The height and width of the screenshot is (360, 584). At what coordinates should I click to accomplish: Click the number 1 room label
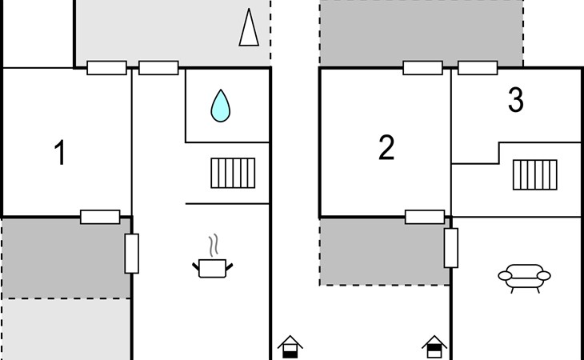coord(60,152)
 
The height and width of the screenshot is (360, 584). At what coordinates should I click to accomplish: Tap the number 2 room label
coord(386,148)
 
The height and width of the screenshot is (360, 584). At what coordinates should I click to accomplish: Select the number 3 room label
coord(516,100)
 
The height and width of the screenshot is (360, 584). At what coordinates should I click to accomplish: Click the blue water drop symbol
coord(221,106)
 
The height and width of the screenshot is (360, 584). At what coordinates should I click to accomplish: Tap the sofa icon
coord(525,278)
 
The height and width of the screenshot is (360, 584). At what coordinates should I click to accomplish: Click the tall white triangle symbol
coord(249,27)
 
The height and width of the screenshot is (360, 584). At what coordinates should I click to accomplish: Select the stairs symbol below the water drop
coord(233,173)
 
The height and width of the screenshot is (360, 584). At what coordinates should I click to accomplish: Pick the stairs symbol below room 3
coord(535,175)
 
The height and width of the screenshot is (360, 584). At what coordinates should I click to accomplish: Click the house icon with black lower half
coord(290,346)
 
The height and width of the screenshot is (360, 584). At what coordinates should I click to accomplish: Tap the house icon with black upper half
coord(434,346)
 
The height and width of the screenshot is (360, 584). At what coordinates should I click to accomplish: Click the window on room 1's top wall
coord(107,68)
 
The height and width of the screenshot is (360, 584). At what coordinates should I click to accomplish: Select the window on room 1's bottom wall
coord(100,217)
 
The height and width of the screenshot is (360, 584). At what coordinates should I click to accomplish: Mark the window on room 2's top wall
coord(422,68)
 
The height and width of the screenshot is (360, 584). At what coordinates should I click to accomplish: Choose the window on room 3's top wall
coord(478,68)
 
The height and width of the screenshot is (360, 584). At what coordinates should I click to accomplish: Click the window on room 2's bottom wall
coord(425,217)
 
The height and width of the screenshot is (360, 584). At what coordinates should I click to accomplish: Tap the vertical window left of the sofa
coord(451,248)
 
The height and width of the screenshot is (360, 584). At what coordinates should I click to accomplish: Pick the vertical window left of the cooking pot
coord(132,254)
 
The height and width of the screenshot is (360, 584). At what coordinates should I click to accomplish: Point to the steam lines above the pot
coord(214,246)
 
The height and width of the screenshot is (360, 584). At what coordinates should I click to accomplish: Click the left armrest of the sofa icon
coord(505,276)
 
